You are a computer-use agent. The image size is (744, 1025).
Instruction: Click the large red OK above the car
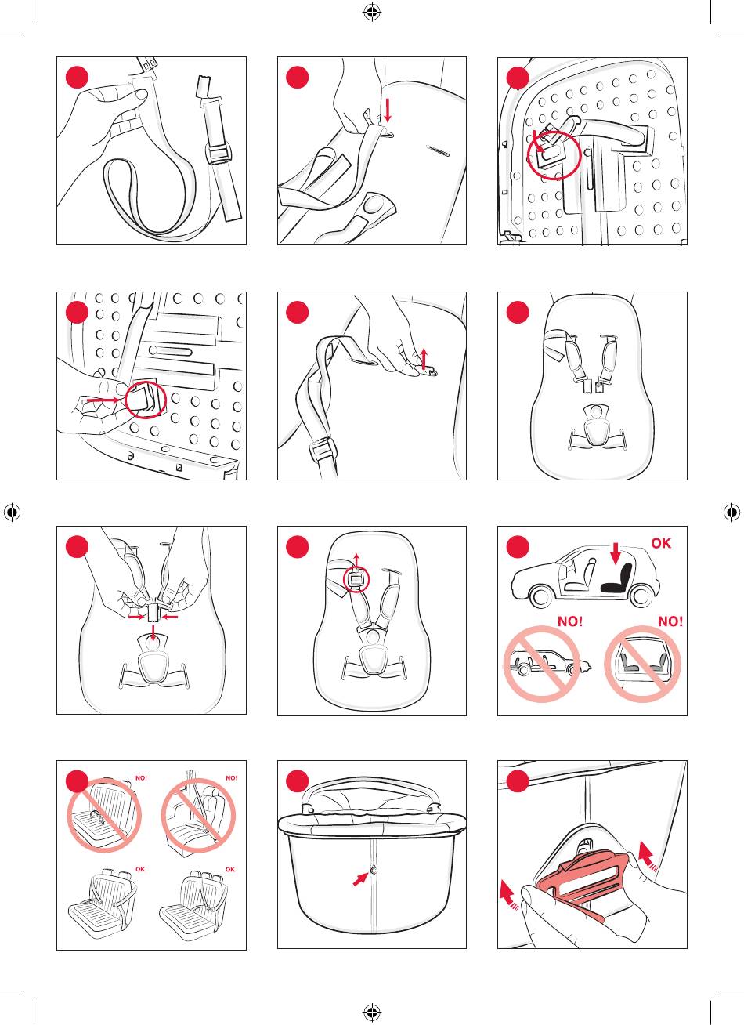[x=661, y=543]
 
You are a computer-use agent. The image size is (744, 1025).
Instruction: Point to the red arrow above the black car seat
[x=616, y=553]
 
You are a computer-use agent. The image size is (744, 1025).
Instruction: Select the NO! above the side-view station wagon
[x=570, y=621]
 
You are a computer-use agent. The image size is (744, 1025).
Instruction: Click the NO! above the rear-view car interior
[x=670, y=621]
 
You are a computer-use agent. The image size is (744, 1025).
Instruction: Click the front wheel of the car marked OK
[x=540, y=596]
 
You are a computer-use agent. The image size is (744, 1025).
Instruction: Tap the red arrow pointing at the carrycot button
[x=361, y=878]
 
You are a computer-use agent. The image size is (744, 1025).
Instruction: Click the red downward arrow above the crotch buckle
[x=153, y=634]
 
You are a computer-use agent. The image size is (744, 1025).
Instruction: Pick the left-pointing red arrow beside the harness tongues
[x=170, y=617]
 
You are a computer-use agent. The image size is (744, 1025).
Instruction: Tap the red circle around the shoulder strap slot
[x=356, y=579]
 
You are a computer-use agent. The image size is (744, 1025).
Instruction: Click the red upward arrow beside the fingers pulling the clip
[x=424, y=359]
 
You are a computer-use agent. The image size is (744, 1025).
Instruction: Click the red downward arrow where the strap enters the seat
[x=388, y=110]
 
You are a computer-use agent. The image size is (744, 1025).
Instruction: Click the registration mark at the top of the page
[x=372, y=12]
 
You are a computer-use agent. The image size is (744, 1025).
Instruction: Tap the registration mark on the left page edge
[x=12, y=512]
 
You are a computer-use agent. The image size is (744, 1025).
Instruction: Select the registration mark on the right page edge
[x=731, y=512]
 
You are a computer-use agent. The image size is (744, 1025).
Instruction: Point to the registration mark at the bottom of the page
[x=372, y=1013]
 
